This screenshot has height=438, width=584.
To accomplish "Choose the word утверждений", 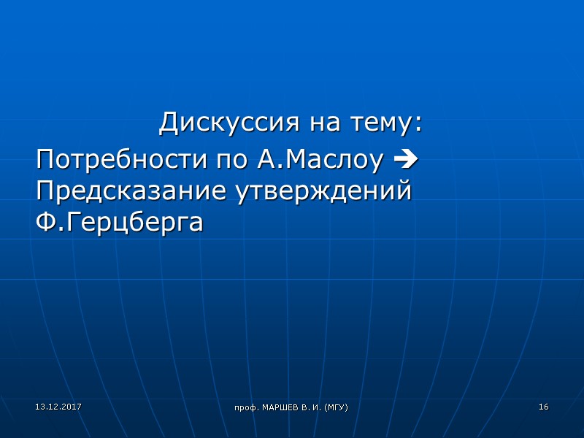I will click(323, 191).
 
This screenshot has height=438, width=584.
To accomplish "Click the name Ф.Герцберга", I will click(119, 222).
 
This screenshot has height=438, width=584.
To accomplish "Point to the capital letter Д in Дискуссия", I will click(169, 122).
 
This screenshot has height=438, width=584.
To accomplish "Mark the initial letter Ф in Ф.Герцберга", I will click(45, 222).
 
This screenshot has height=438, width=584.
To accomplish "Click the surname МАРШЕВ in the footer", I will click(280, 407).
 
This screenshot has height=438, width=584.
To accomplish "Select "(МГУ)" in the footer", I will click(336, 407).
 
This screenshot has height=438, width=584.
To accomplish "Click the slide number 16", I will click(543, 406).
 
